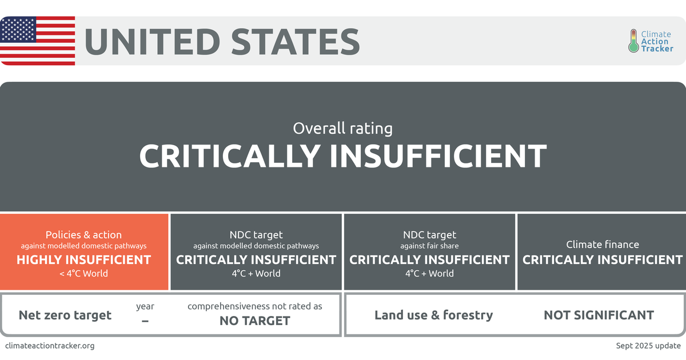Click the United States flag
[x=37, y=41]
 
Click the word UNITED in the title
[x=151, y=41]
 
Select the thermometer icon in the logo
[x=633, y=41]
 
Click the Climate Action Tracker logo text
[x=656, y=41]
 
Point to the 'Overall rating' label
[x=342, y=128]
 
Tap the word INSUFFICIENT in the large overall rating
[x=438, y=156]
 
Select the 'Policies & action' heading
[x=83, y=235]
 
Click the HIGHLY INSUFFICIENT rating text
[x=83, y=260]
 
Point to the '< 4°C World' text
[x=83, y=273]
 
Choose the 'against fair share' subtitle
[x=429, y=246]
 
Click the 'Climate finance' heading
[x=603, y=245]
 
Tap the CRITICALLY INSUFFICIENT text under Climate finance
[x=603, y=260]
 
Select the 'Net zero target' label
[x=65, y=315]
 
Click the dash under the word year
[x=145, y=321]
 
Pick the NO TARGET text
[x=254, y=321]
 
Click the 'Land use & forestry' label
[x=433, y=315]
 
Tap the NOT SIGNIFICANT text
[x=599, y=315]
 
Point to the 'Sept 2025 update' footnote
[x=648, y=346]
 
